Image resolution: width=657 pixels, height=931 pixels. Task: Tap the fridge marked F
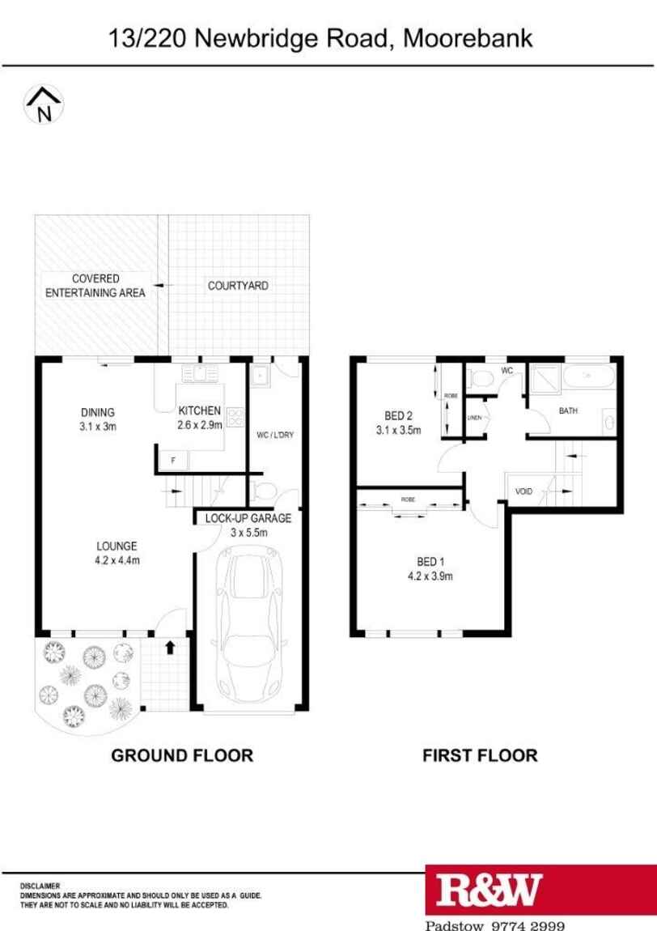pyautogui.click(x=173, y=461)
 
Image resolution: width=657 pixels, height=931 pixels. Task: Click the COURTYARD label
pyautogui.click(x=238, y=286)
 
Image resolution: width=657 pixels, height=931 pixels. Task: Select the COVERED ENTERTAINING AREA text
pyautogui.click(x=95, y=286)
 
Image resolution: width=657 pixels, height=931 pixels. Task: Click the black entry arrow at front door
pyautogui.click(x=171, y=647)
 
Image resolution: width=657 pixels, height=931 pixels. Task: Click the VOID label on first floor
pyautogui.click(x=523, y=491)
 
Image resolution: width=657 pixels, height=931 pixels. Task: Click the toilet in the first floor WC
pyautogui.click(x=479, y=378)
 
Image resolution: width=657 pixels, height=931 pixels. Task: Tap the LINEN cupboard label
pyautogui.click(x=474, y=418)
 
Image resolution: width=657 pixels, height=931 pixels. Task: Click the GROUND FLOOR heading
pyautogui.click(x=182, y=755)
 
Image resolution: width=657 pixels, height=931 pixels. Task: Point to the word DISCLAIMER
pyautogui.click(x=40, y=886)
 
